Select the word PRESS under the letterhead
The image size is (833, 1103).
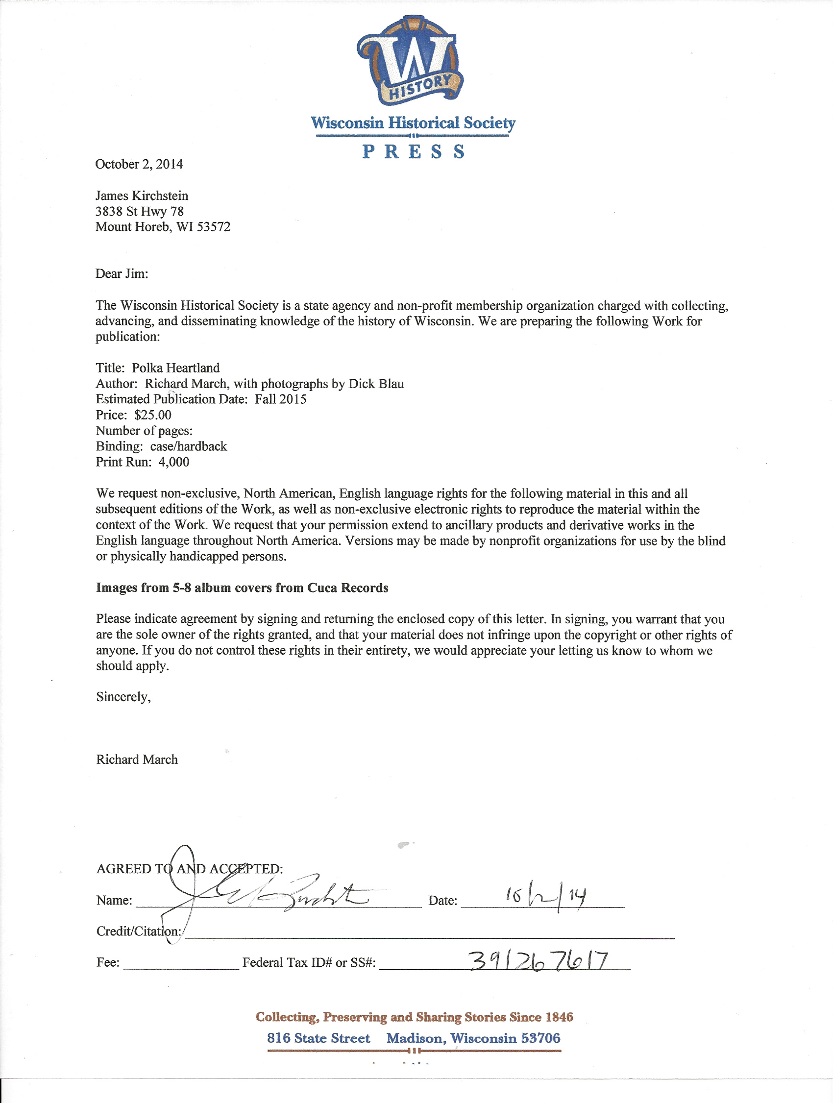[413, 151]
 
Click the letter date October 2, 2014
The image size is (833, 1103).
[139, 164]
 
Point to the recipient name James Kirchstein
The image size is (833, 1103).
[142, 196]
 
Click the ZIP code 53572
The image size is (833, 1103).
[213, 227]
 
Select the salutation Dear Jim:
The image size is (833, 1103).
[122, 274]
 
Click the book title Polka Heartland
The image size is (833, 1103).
[175, 368]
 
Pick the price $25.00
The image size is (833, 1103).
[152, 415]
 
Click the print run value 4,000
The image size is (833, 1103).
[173, 462]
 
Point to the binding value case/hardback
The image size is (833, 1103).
[189, 446]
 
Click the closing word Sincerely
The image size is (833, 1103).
[123, 697]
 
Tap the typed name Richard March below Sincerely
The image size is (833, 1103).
[137, 760]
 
